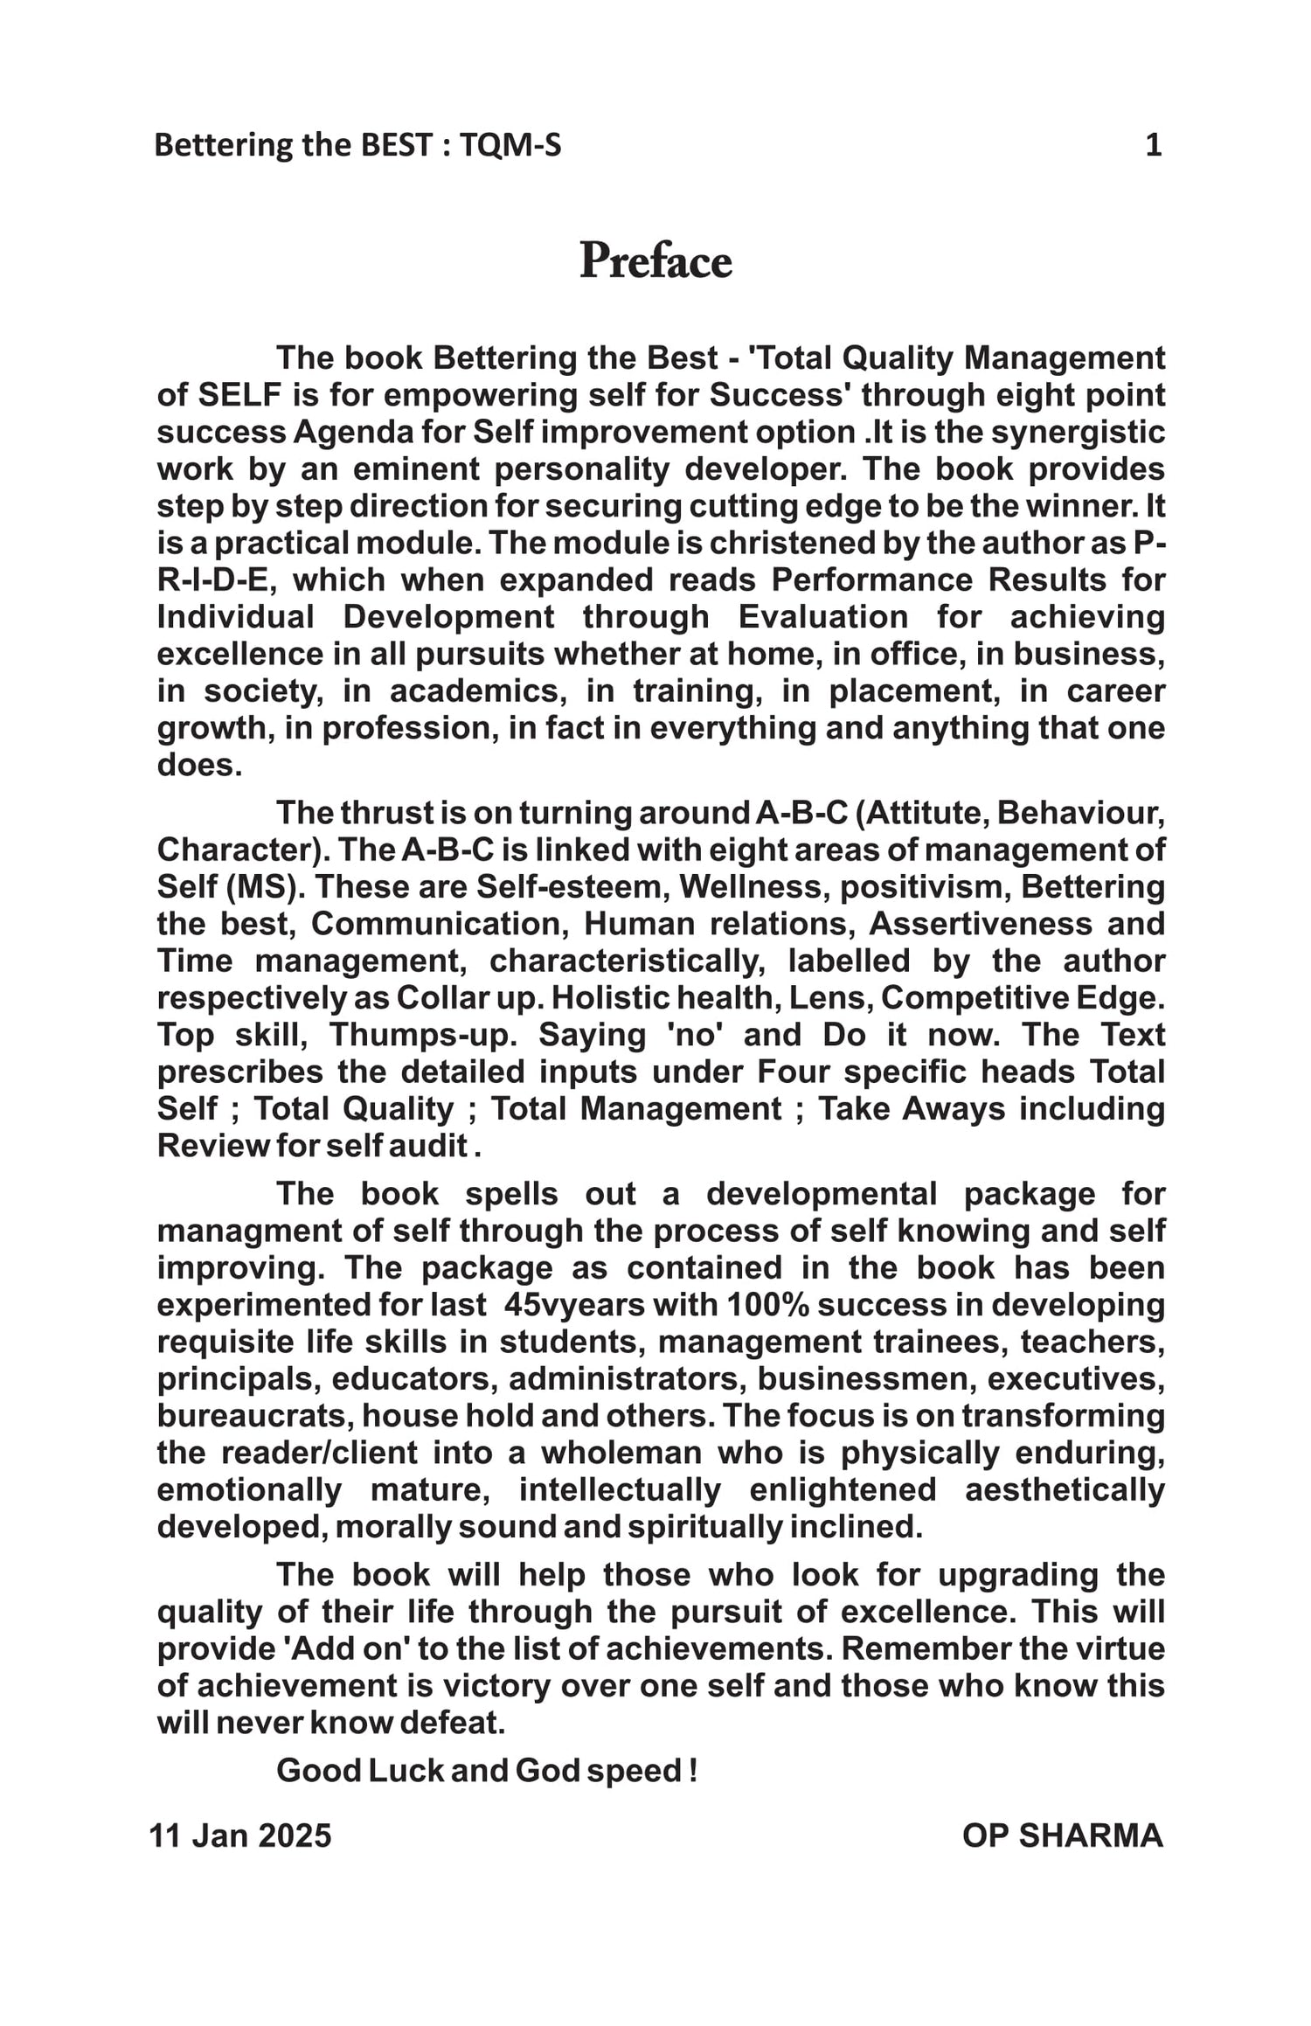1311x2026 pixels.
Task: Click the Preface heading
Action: [x=655, y=260]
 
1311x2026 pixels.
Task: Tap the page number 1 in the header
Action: [x=1153, y=145]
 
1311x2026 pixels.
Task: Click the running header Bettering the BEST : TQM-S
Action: [x=357, y=145]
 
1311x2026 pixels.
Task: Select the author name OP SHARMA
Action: [x=1062, y=1835]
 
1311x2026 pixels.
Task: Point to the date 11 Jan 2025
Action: [x=240, y=1835]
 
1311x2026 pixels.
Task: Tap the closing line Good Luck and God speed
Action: [x=486, y=1771]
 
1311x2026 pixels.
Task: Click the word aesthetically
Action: [x=1064, y=1489]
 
